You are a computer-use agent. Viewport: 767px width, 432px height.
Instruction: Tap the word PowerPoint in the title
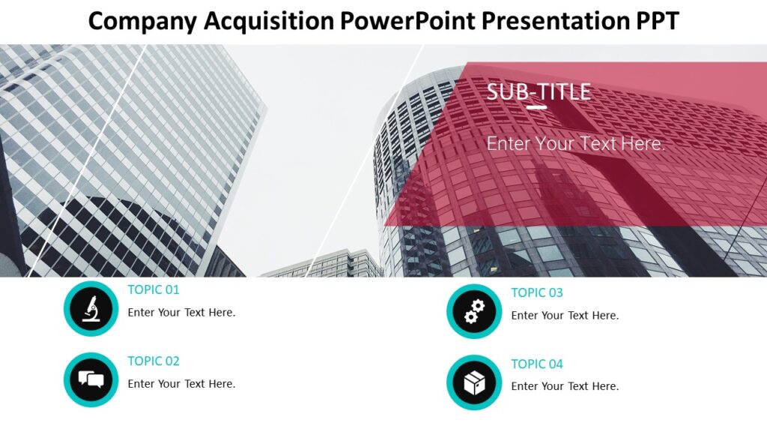407,21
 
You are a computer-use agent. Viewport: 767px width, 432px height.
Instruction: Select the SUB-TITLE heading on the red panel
539,91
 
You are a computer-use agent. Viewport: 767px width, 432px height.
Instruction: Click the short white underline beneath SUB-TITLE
536,107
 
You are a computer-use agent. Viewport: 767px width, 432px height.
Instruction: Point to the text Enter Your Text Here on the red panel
575,143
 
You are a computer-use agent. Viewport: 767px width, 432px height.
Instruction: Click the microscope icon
91,308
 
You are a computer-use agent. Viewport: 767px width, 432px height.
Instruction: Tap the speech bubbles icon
91,379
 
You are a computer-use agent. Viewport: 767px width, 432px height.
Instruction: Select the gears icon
474,311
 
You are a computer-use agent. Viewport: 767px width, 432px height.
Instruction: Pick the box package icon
474,382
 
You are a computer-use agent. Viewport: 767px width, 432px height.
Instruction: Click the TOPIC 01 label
154,289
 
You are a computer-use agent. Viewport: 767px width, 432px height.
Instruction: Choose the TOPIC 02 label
154,361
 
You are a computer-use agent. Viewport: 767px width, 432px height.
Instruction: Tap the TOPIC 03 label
537,292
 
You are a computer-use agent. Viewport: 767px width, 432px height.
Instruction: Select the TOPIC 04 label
537,364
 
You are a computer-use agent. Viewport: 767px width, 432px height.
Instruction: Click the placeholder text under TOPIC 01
181,312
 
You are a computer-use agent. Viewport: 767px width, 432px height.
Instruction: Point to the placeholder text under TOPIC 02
181,383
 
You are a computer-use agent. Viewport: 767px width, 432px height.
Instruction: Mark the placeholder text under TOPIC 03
565,315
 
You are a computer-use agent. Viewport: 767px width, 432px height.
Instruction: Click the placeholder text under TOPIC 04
565,386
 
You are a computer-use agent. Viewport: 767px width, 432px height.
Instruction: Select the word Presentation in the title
551,21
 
